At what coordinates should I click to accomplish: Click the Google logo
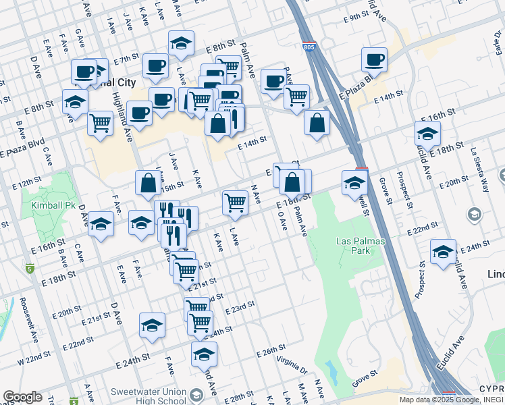(x=22, y=397)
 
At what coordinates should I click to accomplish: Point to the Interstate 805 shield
(x=309, y=47)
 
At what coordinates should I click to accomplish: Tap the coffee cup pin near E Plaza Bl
(x=373, y=59)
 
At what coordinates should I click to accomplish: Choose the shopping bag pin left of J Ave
(x=148, y=182)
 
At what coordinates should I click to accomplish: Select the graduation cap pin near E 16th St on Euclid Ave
(x=427, y=133)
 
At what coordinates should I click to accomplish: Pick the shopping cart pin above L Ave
(x=235, y=201)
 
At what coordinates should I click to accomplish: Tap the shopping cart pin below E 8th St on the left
(x=100, y=123)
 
